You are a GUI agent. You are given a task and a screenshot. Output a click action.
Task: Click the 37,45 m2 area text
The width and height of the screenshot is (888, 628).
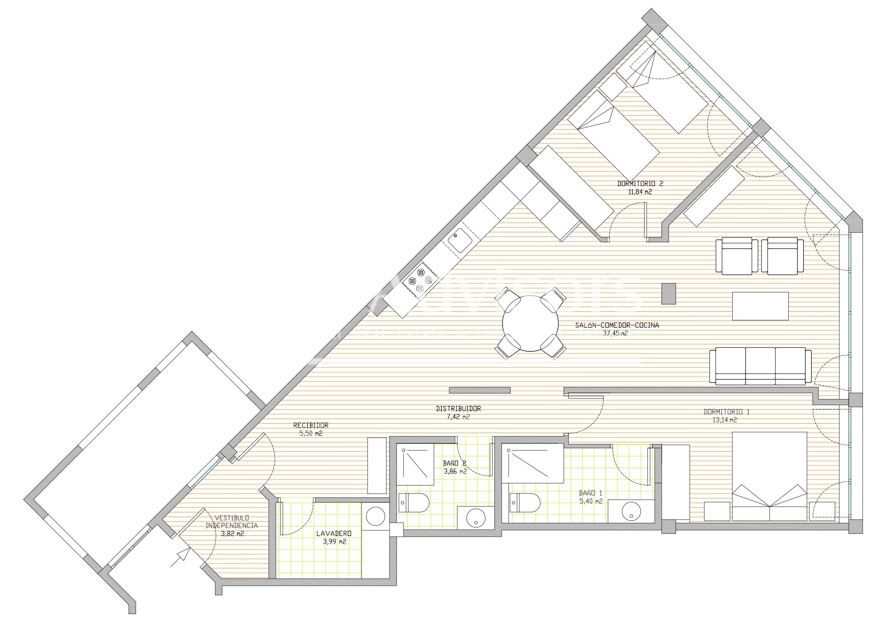coord(615,332)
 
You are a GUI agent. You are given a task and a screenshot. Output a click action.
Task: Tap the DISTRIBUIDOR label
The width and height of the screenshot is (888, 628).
coord(458,409)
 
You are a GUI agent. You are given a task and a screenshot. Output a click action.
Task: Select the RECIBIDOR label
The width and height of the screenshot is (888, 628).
coord(311,425)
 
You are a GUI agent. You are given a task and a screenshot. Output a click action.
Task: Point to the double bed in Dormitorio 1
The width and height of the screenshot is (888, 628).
coord(770,476)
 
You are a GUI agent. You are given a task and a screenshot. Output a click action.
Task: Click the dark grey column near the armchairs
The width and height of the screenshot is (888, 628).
coord(669,293)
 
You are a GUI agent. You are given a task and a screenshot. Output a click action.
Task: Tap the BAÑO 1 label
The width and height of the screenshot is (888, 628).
coord(591,493)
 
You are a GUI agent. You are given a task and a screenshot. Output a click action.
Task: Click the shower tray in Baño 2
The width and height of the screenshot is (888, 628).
coord(416,464)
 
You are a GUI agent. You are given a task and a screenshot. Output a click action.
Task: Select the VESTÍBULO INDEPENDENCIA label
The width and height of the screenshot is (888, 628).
coord(231,522)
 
